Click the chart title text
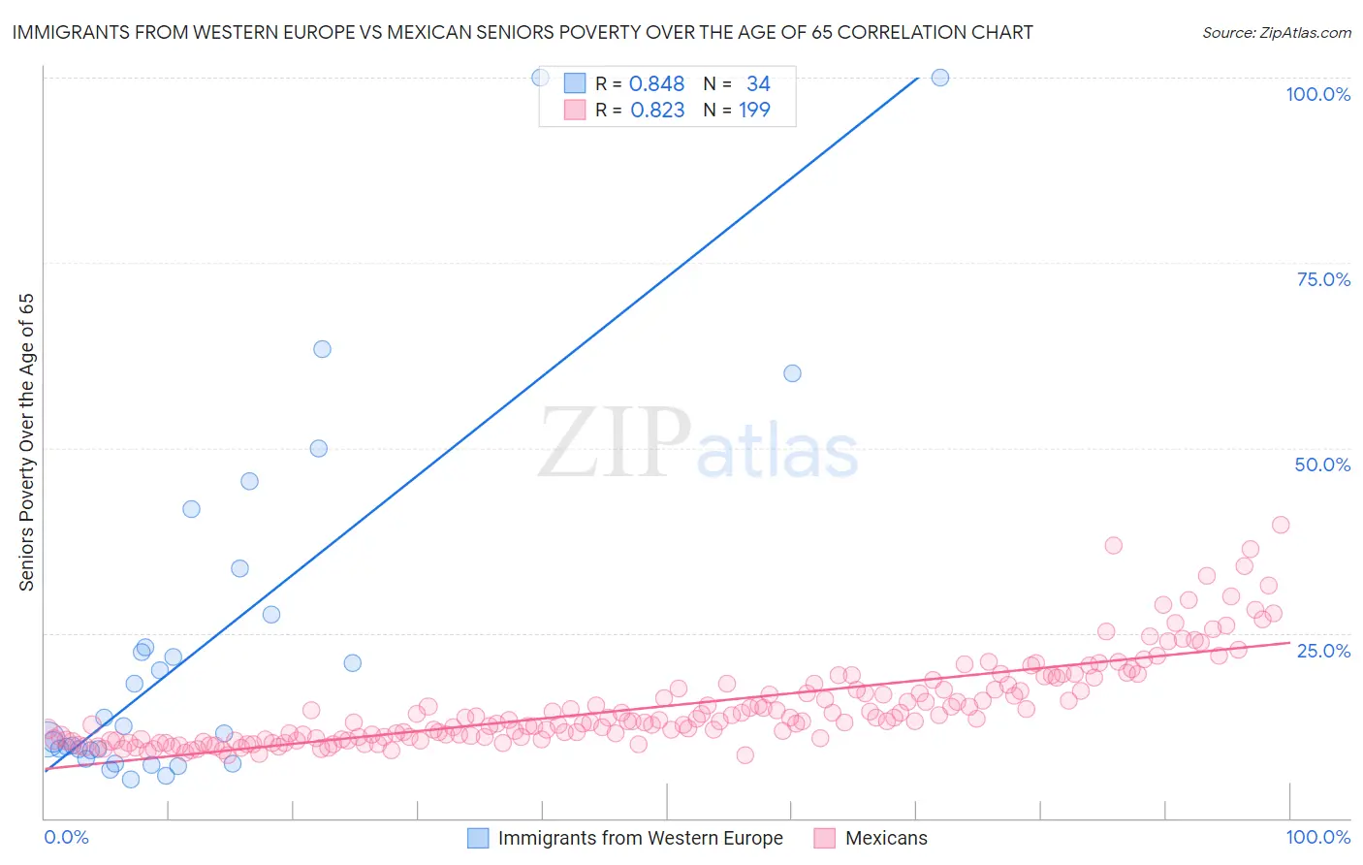523,32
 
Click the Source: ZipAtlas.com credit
1276,32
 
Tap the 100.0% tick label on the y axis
1317,94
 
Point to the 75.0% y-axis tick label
1323,279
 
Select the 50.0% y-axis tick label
1322,465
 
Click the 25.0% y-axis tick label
1323,650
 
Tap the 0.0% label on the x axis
66,837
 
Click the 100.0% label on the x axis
1317,837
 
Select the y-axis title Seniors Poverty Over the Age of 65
26,442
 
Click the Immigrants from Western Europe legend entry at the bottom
640,838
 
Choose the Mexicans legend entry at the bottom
886,838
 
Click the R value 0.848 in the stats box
656,84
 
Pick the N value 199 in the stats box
754,111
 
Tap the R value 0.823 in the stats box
657,111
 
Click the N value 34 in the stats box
758,84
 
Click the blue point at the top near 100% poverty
939,78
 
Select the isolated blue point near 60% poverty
792,373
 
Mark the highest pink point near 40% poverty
1280,525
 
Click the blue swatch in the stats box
575,83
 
